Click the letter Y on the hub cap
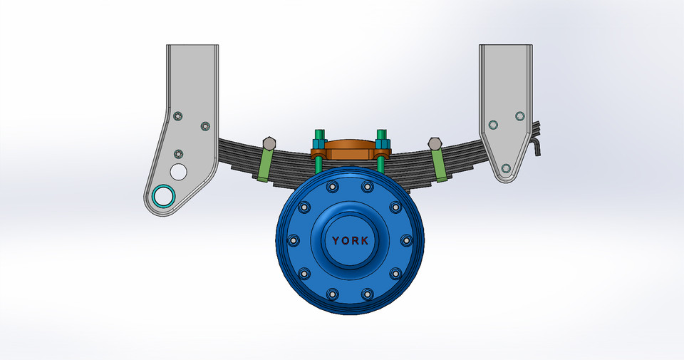(x=336, y=241)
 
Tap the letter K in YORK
(x=365, y=241)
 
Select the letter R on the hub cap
(x=356, y=241)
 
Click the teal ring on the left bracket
(x=163, y=195)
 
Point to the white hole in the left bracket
(x=178, y=171)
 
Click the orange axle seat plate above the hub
(x=350, y=150)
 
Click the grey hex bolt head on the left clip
(x=269, y=142)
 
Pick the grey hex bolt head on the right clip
(x=435, y=143)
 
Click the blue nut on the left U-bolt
(x=318, y=136)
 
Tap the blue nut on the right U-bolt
(x=382, y=136)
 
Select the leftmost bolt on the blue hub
(x=292, y=240)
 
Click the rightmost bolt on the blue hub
(x=407, y=240)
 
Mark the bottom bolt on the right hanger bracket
(x=505, y=168)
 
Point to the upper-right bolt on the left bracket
(x=205, y=126)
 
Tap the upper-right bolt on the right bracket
(x=519, y=116)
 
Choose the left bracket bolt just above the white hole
(x=178, y=154)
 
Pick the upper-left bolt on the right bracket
(x=492, y=125)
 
